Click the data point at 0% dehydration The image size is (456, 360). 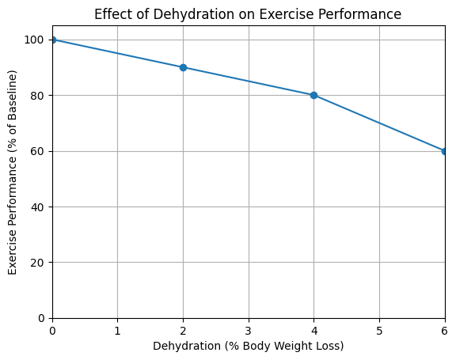click(53, 40)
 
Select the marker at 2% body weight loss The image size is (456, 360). click(183, 67)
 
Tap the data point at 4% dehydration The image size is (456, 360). click(313, 95)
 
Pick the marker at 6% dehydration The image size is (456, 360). click(444, 151)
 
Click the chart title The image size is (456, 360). click(248, 14)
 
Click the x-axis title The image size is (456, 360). click(248, 347)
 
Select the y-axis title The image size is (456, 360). click(13, 172)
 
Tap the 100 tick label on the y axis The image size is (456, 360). click(36, 40)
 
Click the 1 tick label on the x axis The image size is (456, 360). click(118, 330)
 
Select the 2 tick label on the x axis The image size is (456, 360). click(183, 330)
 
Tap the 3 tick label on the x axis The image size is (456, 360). click(249, 330)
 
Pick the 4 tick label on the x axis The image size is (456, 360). click(313, 330)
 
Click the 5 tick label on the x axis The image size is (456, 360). click(379, 330)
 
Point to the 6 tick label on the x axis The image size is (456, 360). click(444, 330)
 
